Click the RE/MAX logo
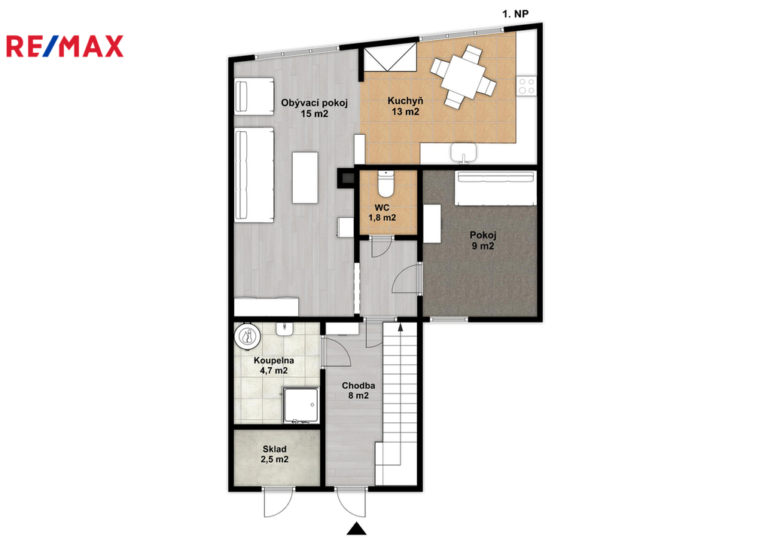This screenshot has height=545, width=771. tap(65, 46)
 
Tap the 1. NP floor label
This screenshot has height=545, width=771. tap(515, 14)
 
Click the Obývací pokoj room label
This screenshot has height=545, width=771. tap(314, 109)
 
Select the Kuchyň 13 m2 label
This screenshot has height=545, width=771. tap(405, 106)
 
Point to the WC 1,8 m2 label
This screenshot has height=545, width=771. tap(382, 212)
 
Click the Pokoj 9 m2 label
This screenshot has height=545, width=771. tap(483, 240)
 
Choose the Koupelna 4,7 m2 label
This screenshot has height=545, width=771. tap(274, 366)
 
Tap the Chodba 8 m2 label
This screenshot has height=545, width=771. tap(358, 390)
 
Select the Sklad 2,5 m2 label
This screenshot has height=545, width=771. tap(274, 454)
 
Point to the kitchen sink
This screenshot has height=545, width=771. tap(464, 152)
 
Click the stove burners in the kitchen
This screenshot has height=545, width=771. tap(526, 86)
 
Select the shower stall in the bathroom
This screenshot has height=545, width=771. tap(300, 406)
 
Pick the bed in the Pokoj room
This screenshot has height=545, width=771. tap(495, 188)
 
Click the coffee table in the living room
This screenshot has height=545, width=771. tap(305, 178)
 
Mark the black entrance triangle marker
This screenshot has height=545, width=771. tap(356, 528)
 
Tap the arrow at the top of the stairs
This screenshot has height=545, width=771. tap(400, 327)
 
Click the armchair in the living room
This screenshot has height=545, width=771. tap(254, 96)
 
